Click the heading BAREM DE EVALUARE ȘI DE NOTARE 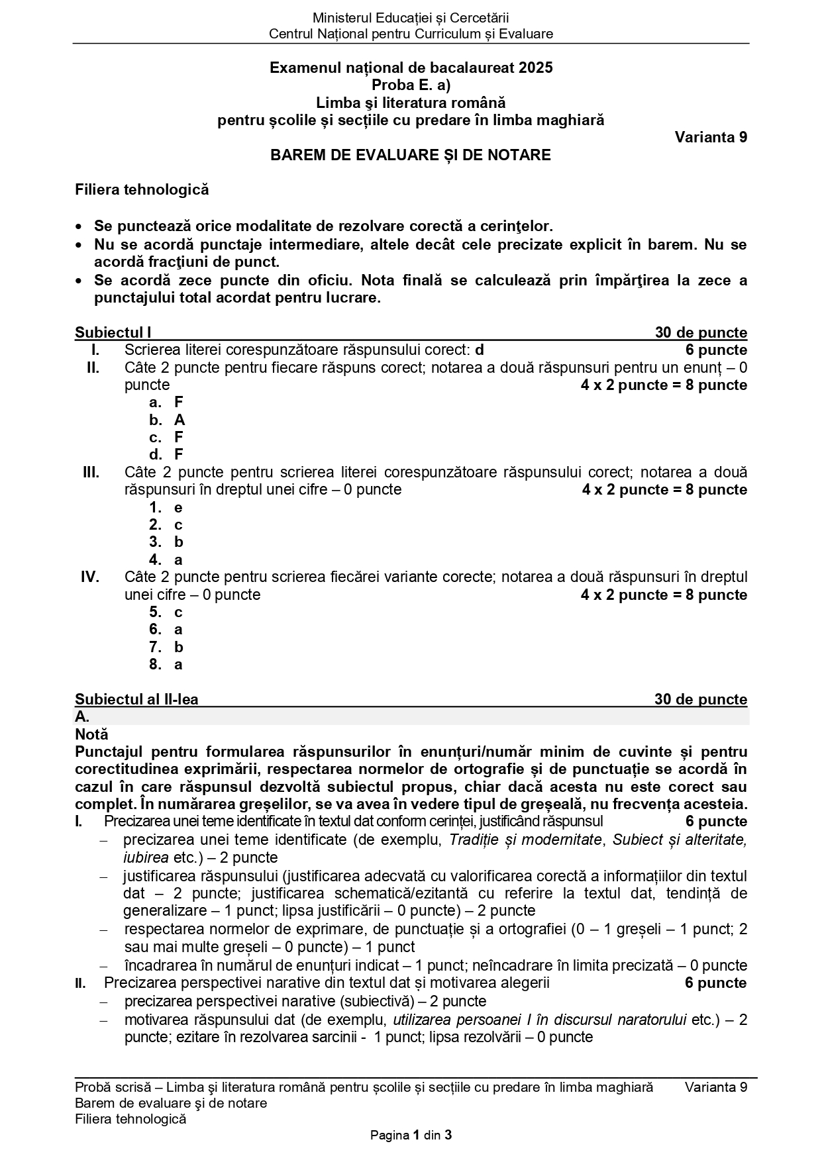point(410,156)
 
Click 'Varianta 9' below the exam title point(711,138)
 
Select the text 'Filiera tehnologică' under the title point(142,190)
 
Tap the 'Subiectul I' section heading point(113,333)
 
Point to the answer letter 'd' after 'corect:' point(480,350)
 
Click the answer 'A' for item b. point(180,420)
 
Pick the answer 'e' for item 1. point(178,508)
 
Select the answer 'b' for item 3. point(178,542)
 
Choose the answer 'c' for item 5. point(178,612)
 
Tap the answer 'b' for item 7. point(178,648)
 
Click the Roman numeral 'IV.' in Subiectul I point(90,577)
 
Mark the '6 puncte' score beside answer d point(716,350)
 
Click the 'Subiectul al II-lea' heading point(136,700)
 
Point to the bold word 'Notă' point(91,735)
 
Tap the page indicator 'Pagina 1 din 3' point(411,1136)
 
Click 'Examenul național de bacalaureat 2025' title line point(411,68)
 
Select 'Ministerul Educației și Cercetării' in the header point(411,19)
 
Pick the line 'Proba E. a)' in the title point(411,85)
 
